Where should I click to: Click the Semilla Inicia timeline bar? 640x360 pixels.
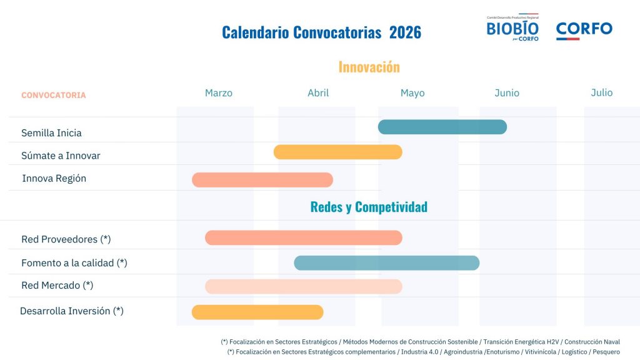click(x=442, y=127)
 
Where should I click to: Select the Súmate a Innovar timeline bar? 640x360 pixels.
click(x=337, y=152)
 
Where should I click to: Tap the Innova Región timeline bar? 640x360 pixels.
click(x=262, y=180)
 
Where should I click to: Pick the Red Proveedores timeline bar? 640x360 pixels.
click(x=303, y=237)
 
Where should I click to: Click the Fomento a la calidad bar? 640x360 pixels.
click(x=386, y=263)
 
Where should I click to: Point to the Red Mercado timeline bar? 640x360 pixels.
click(x=303, y=286)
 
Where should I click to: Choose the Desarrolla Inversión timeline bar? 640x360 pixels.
click(x=257, y=312)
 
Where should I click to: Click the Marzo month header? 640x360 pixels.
click(x=218, y=93)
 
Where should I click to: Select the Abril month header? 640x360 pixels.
click(x=317, y=93)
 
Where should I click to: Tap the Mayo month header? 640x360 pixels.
click(x=412, y=93)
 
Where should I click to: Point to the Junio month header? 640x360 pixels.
click(x=506, y=93)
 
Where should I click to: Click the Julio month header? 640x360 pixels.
click(x=601, y=92)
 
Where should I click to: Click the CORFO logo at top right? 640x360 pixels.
click(x=584, y=30)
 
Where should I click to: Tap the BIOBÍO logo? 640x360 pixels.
click(x=512, y=29)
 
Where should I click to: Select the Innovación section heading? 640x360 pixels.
click(x=369, y=67)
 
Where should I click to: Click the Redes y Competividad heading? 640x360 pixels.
click(x=369, y=207)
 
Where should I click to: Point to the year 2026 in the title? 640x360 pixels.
click(x=405, y=32)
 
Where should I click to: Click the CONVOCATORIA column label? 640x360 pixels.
click(x=53, y=96)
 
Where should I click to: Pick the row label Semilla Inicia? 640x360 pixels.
click(x=51, y=133)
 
